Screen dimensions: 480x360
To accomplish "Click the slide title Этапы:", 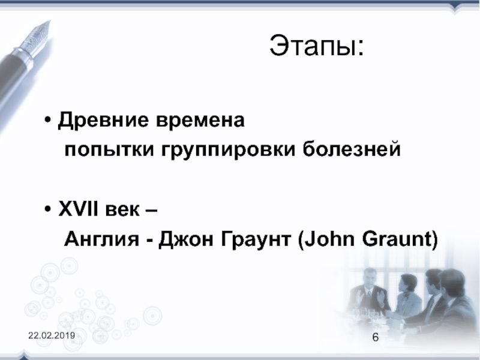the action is [317, 46].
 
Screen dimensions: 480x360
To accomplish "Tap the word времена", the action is [200, 120].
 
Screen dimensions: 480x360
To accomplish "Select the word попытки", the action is [109, 149].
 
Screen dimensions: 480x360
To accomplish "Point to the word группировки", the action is [229, 150].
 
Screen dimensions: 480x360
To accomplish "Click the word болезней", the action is [352, 149].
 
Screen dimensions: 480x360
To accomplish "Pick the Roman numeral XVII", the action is [78, 209].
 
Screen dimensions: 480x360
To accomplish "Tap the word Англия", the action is [101, 239].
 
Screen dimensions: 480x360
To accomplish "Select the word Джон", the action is [186, 239].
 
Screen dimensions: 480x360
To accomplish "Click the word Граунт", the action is [256, 239].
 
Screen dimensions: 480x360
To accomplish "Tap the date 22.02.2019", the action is [52, 335].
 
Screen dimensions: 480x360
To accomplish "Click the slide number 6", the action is [376, 337].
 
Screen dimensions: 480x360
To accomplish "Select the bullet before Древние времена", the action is [47, 119].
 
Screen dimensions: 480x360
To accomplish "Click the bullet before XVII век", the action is [47, 209].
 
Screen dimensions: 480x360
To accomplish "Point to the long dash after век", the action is [150, 211].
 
